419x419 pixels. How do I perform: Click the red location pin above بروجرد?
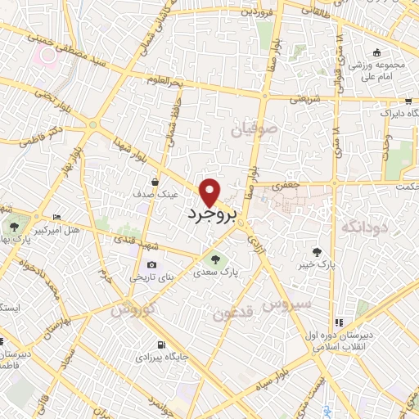210,192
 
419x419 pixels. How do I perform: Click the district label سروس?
286,304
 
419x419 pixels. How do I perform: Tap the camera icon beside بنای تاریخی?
152,265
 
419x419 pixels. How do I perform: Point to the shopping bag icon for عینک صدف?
155,182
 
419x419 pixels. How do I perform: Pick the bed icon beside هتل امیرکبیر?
56,218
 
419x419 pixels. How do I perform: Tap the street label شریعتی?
299,100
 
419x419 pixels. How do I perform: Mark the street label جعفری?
286,186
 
